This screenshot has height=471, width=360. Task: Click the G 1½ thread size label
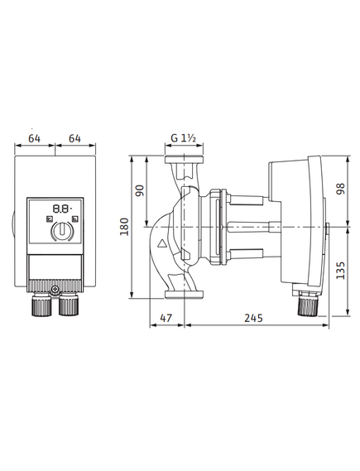(184, 138)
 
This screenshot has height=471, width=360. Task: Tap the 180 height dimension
(124, 227)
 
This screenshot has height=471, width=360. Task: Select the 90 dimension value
(140, 190)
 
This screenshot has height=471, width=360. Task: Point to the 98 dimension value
(341, 189)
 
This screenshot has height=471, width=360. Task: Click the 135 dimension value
(341, 271)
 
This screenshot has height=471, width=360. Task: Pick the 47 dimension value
(166, 318)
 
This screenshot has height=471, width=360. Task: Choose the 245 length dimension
(254, 318)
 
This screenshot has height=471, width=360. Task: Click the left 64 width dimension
(35, 138)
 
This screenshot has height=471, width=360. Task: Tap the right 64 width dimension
(74, 138)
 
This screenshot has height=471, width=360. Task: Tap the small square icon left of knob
(50, 219)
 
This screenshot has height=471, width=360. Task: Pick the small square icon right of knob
(75, 219)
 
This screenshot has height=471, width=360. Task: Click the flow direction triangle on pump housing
(162, 243)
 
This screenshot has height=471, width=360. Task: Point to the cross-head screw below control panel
(55, 290)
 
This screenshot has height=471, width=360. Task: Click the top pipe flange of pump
(184, 159)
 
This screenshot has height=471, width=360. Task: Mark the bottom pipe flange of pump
(185, 295)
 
